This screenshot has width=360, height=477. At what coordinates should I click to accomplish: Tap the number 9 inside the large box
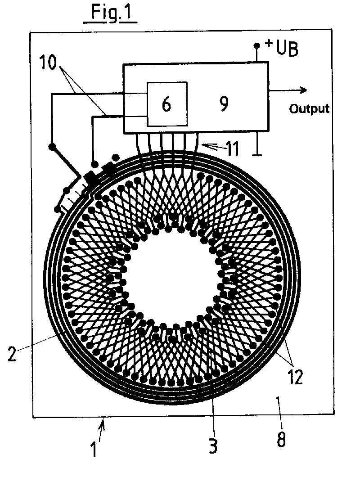(224, 104)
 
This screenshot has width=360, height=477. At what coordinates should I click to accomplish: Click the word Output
(309, 109)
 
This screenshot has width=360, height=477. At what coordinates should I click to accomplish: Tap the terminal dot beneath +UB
(257, 46)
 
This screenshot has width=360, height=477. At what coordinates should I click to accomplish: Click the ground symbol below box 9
(257, 154)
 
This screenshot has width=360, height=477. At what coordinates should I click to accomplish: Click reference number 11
(231, 148)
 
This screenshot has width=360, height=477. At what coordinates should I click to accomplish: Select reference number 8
(281, 439)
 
